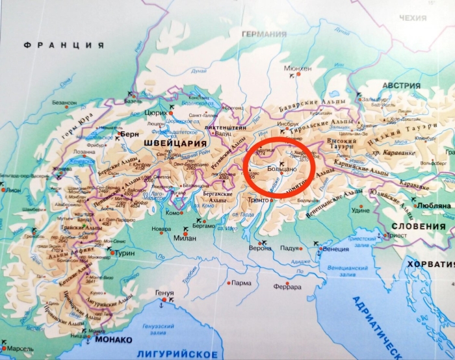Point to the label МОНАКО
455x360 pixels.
pyautogui.click(x=113, y=340)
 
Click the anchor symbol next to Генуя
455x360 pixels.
pyautogui.click(x=160, y=303)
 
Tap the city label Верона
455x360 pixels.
pyautogui.click(x=260, y=248)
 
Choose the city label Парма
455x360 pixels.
pyautogui.click(x=241, y=283)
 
